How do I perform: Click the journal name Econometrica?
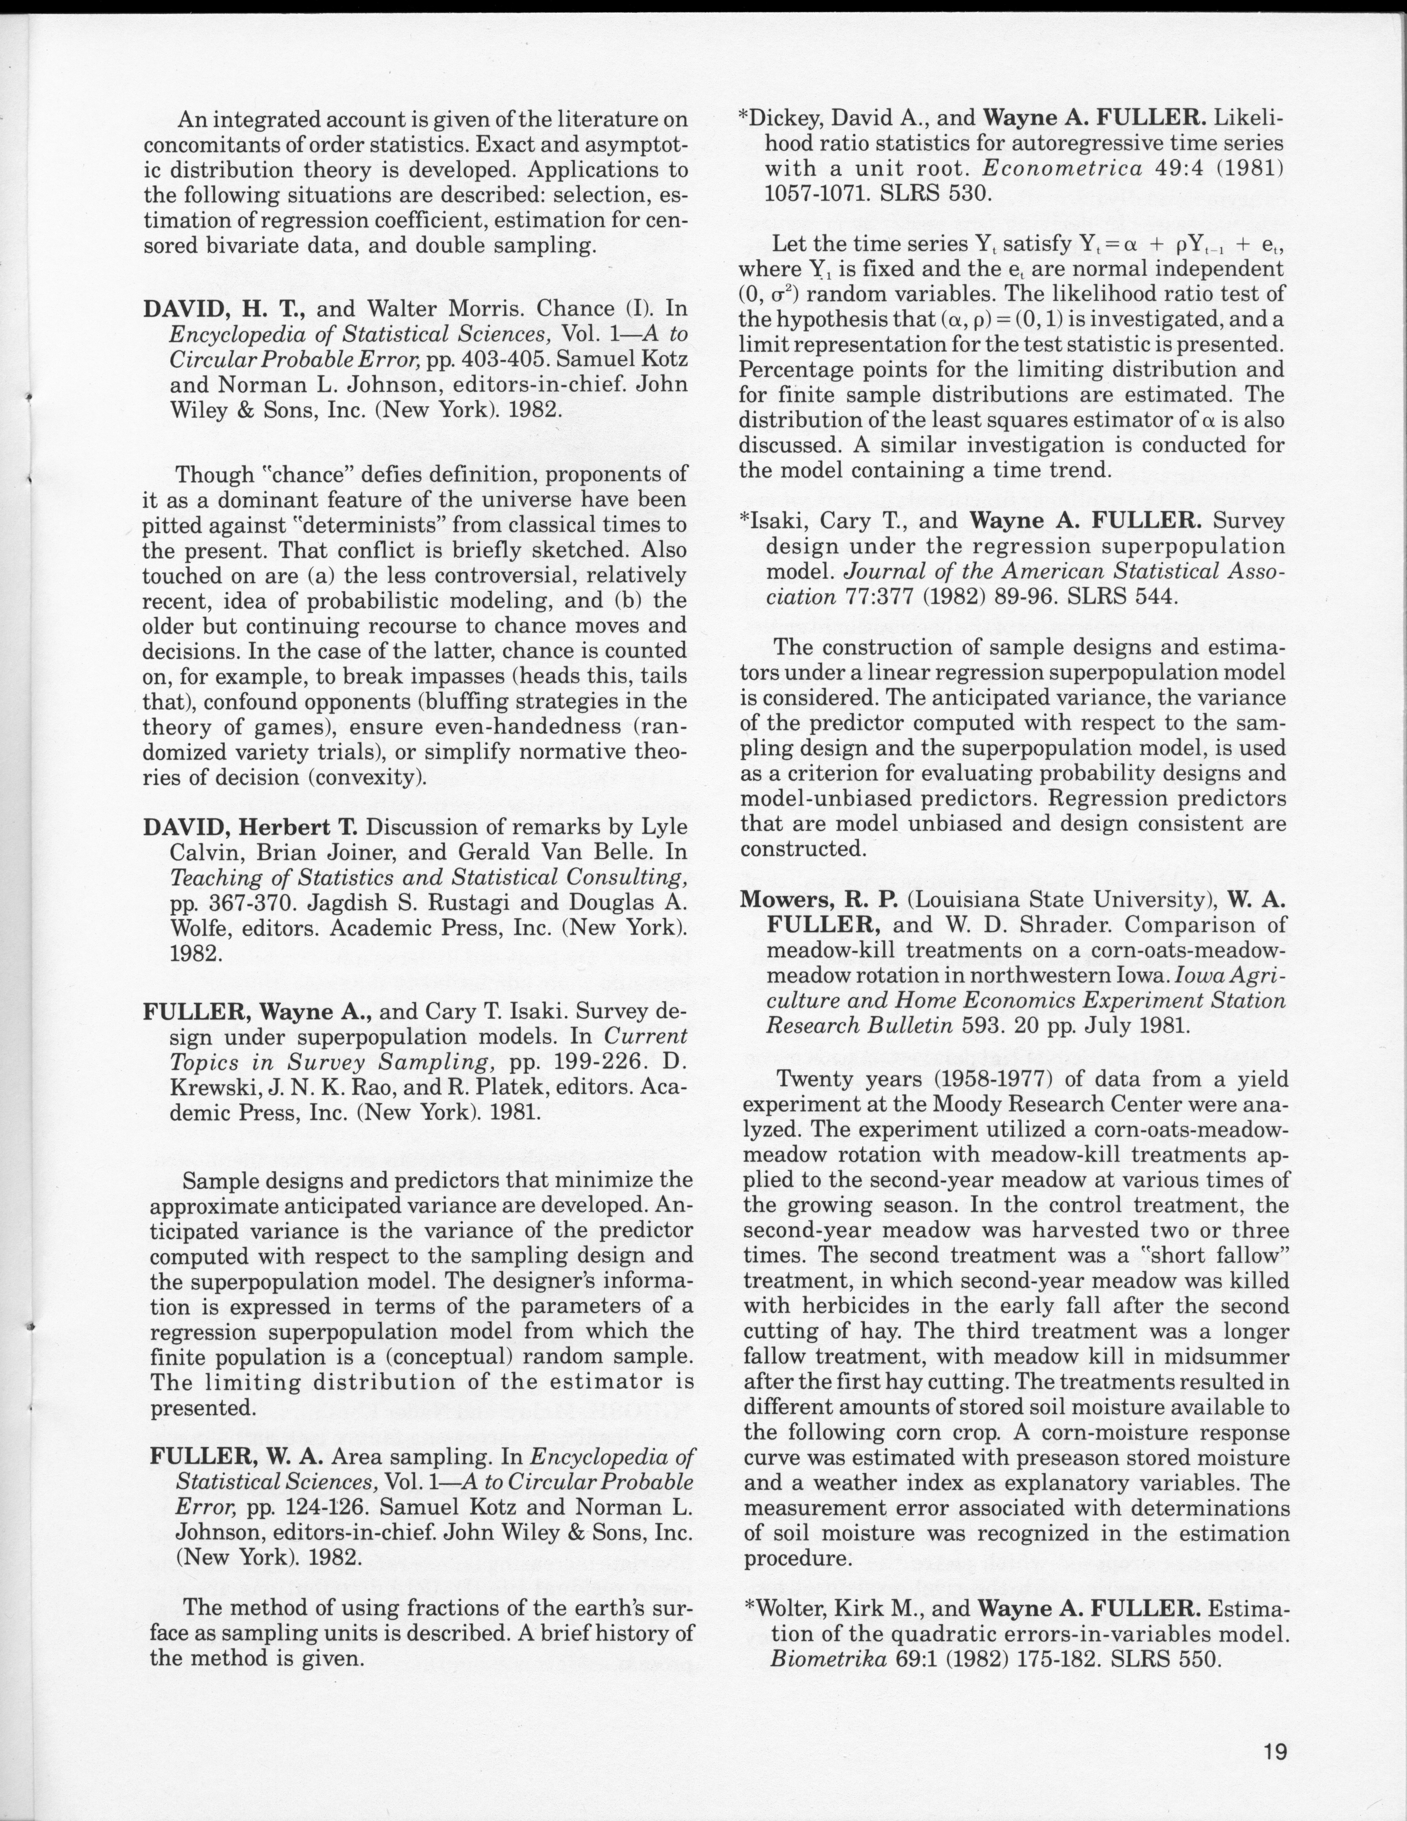pos(1062,168)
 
